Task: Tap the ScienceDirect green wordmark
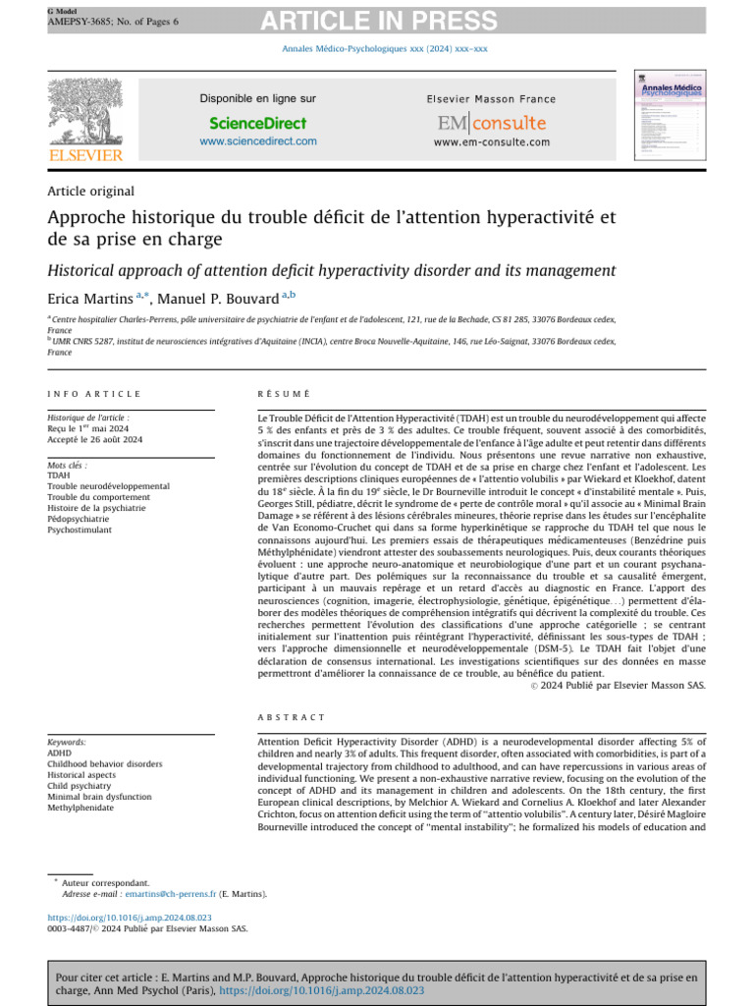[257, 123]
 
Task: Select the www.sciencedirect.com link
[257, 141]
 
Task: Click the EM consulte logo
[491, 123]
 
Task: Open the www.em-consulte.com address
[491, 142]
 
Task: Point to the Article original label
[90, 192]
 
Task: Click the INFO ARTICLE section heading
[94, 394]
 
